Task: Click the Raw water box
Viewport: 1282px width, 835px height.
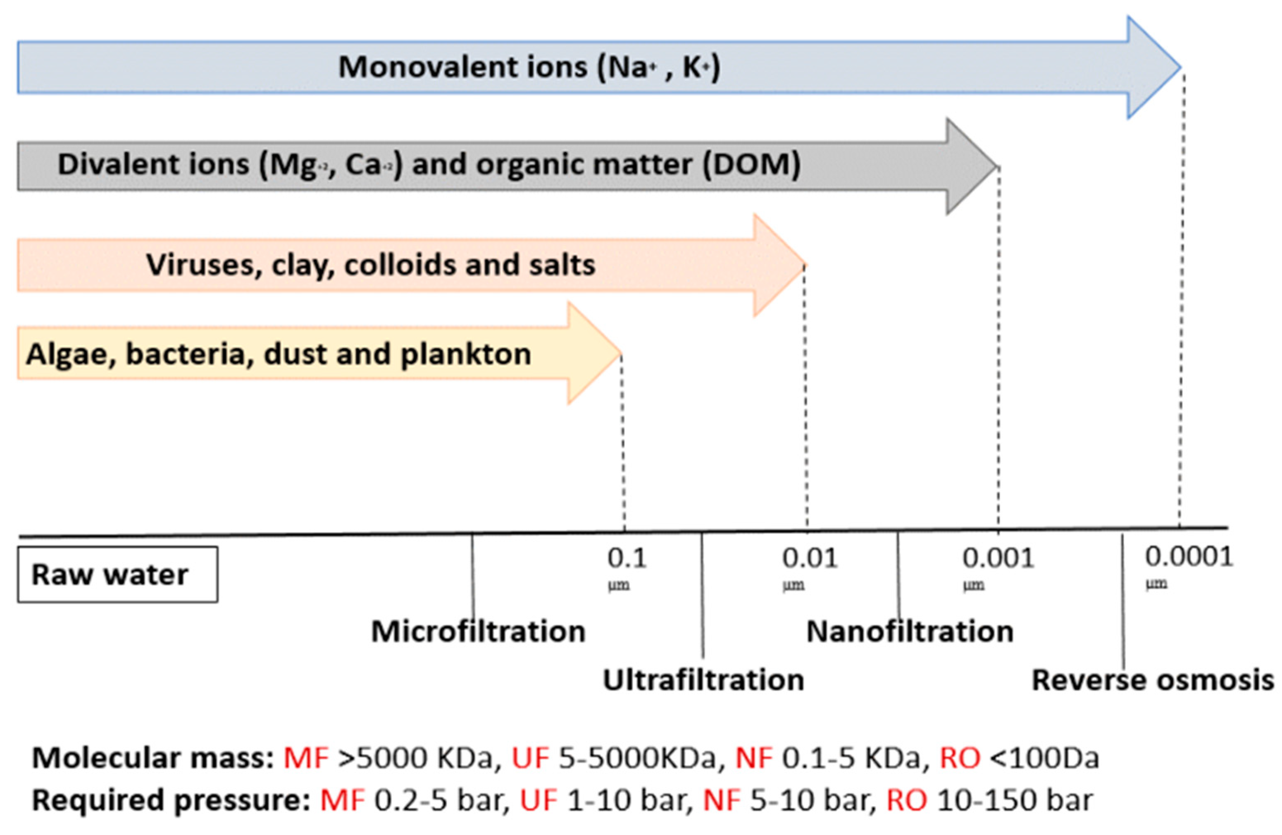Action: (117, 574)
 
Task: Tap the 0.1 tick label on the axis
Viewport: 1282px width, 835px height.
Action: (627, 558)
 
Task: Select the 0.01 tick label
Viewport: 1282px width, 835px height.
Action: (810, 558)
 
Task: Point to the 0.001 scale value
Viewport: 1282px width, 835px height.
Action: (998, 558)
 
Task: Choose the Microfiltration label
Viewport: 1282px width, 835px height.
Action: (478, 631)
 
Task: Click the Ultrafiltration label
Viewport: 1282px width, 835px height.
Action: (703, 680)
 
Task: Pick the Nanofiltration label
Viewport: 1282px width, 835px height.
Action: (910, 631)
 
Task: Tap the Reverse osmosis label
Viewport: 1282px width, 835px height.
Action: (1153, 680)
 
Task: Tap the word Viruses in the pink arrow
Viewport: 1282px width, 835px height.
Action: (204, 265)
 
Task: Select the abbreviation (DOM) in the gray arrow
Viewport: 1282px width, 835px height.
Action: (751, 165)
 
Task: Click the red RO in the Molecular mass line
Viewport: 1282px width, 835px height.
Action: (960, 758)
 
